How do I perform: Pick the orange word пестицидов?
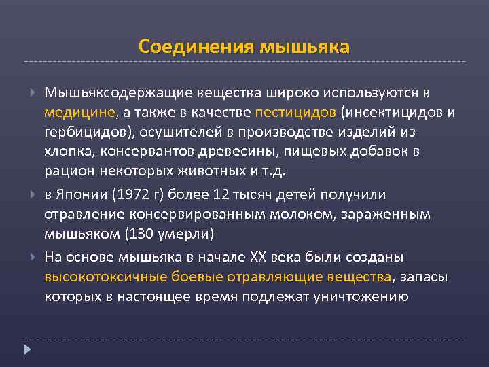(296, 111)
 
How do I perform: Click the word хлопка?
(65, 150)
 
